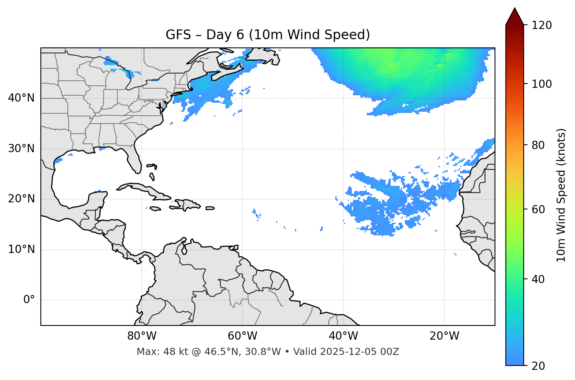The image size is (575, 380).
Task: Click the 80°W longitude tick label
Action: point(142,336)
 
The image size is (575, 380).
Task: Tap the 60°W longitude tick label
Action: point(242,336)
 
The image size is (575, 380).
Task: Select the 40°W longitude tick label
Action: point(343,336)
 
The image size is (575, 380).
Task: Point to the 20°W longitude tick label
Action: point(444,336)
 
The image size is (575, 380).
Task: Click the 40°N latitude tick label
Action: point(21,98)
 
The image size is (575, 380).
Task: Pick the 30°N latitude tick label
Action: point(21,149)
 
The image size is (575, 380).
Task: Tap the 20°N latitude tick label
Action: point(21,199)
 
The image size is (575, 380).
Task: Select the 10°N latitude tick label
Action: point(21,249)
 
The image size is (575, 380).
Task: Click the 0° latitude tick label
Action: point(29,300)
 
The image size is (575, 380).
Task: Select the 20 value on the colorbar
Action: point(538,366)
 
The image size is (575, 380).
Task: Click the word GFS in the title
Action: point(178,35)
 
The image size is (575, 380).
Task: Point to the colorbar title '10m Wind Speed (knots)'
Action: point(561,195)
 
